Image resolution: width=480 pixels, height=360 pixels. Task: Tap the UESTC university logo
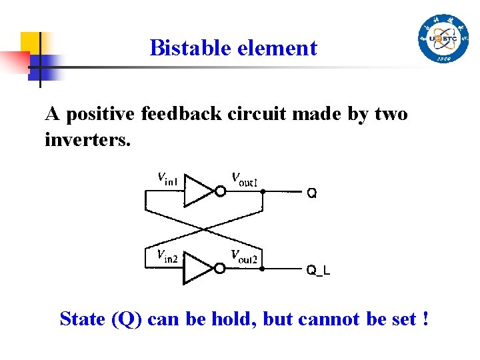(x=443, y=39)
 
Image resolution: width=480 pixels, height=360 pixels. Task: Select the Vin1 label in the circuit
(x=168, y=178)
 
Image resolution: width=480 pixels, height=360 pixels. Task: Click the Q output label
(x=311, y=193)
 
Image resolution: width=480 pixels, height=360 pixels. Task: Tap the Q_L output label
(x=318, y=270)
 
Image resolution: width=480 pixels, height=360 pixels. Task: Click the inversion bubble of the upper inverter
(x=219, y=191)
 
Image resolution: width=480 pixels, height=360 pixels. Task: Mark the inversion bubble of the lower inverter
(x=219, y=268)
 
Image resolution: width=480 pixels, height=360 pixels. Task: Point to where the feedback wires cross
(x=203, y=229)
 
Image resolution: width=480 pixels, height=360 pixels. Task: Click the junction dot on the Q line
(x=262, y=191)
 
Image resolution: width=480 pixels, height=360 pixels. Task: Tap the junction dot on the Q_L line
(x=262, y=269)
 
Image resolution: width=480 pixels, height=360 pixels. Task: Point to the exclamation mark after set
(x=425, y=319)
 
